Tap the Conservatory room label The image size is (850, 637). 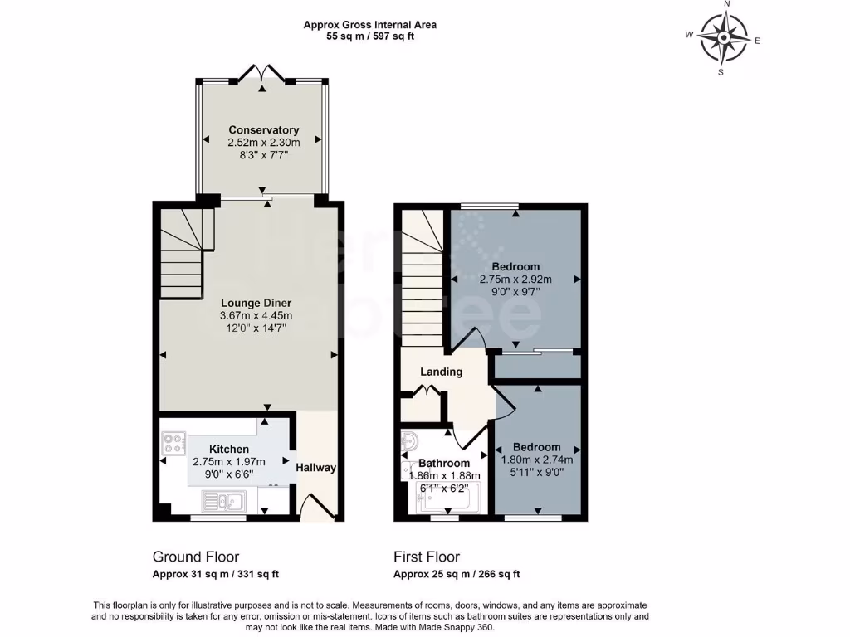(x=263, y=130)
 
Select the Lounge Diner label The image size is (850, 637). (x=256, y=303)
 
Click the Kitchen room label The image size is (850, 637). (x=229, y=449)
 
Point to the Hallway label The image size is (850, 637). (x=316, y=468)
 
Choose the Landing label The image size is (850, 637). (x=441, y=372)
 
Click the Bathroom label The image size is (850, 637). (x=443, y=463)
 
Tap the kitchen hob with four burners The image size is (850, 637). (x=173, y=444)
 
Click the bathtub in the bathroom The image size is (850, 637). (x=447, y=497)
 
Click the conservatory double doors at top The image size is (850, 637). (x=262, y=75)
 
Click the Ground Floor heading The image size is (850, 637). (x=195, y=557)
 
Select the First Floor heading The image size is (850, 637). (x=426, y=557)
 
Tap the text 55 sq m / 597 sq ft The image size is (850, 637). (x=369, y=36)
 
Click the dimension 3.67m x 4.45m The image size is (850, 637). (x=256, y=316)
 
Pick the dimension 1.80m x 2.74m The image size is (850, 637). (x=536, y=460)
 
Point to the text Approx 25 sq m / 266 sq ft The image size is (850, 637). (x=456, y=574)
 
